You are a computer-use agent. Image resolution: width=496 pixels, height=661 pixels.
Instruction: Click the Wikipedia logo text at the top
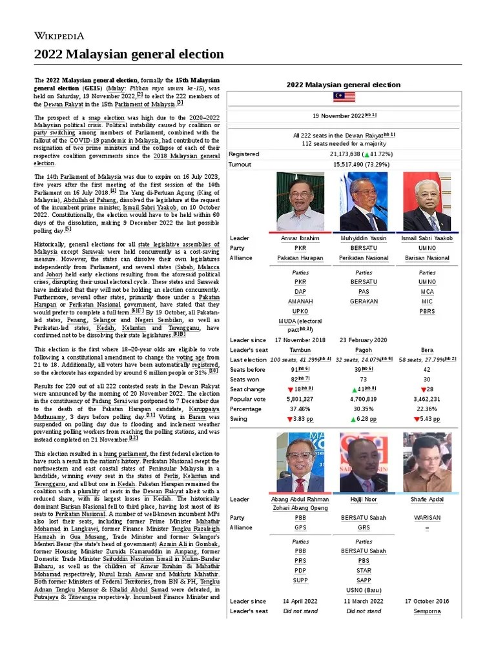(x=59, y=36)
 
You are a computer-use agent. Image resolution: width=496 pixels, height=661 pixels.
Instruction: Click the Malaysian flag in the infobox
(x=344, y=97)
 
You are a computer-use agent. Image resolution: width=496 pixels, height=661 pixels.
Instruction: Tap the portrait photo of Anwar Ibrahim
(x=300, y=201)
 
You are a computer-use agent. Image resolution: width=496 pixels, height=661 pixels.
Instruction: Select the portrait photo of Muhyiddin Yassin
(x=364, y=201)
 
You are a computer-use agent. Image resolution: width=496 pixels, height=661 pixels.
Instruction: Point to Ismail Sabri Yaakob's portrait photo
(x=427, y=201)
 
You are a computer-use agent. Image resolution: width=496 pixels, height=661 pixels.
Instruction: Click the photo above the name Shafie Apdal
(x=427, y=462)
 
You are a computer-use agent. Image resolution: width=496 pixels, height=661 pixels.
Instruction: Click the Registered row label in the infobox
(x=244, y=154)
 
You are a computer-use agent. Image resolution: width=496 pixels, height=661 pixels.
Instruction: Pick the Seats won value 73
(x=364, y=380)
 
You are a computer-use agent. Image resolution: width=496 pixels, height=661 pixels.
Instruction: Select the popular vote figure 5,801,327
(x=300, y=399)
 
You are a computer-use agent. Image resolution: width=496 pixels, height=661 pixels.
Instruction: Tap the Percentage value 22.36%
(x=427, y=409)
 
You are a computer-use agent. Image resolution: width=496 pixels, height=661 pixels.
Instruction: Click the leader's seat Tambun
(x=300, y=350)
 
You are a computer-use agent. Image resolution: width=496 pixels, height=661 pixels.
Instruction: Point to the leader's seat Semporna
(x=427, y=611)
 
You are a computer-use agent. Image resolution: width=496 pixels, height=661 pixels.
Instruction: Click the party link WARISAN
(x=427, y=517)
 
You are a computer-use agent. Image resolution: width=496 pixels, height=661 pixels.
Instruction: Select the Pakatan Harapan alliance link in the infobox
(x=300, y=258)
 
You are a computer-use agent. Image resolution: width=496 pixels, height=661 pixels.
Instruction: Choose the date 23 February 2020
(x=364, y=340)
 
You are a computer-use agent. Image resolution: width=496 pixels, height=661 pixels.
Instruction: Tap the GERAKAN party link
(x=364, y=301)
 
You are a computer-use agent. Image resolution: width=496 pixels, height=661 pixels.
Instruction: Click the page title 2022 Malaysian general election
(x=129, y=54)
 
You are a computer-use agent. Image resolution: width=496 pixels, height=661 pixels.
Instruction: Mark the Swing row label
(x=238, y=419)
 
